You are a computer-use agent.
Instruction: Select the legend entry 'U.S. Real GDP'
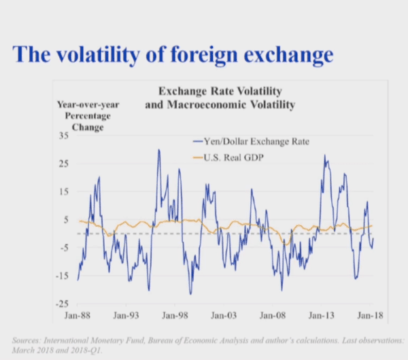pyautogui.click(x=235, y=158)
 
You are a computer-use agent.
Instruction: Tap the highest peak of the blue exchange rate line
pyautogui.click(x=158, y=150)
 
